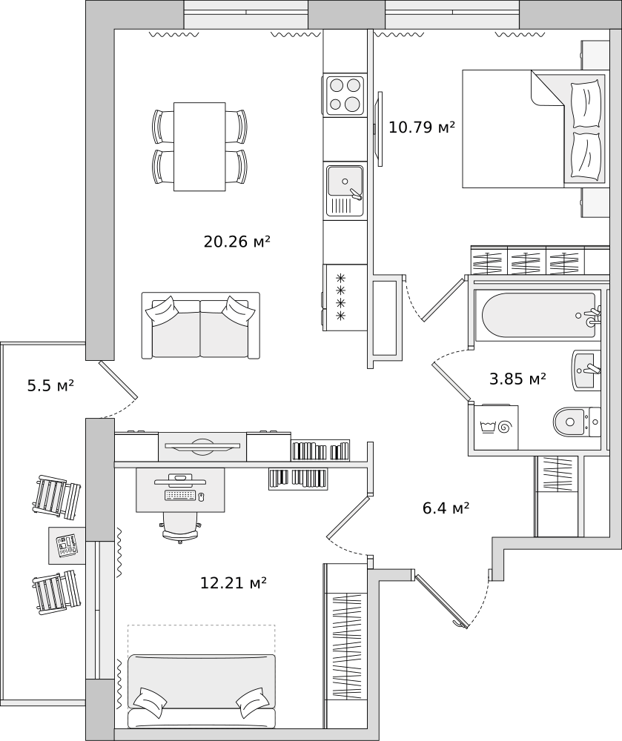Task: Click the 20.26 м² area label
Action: click(x=236, y=242)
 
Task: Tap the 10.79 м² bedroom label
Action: click(x=422, y=127)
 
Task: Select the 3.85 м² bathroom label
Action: click(x=517, y=379)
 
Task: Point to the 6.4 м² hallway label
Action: click(x=446, y=508)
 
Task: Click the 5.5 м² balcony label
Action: click(x=50, y=385)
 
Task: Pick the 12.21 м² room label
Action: click(x=234, y=583)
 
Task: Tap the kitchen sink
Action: click(x=345, y=190)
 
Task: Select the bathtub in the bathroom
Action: click(x=538, y=315)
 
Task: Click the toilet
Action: click(x=576, y=422)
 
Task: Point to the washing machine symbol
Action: click(x=496, y=428)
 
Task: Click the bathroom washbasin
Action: click(x=586, y=370)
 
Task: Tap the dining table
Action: click(x=199, y=147)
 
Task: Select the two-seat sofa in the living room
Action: click(x=200, y=325)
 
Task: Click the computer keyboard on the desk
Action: click(x=180, y=495)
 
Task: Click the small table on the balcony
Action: click(x=67, y=545)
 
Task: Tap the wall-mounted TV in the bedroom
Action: click(x=377, y=128)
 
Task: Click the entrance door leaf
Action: click(x=441, y=600)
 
